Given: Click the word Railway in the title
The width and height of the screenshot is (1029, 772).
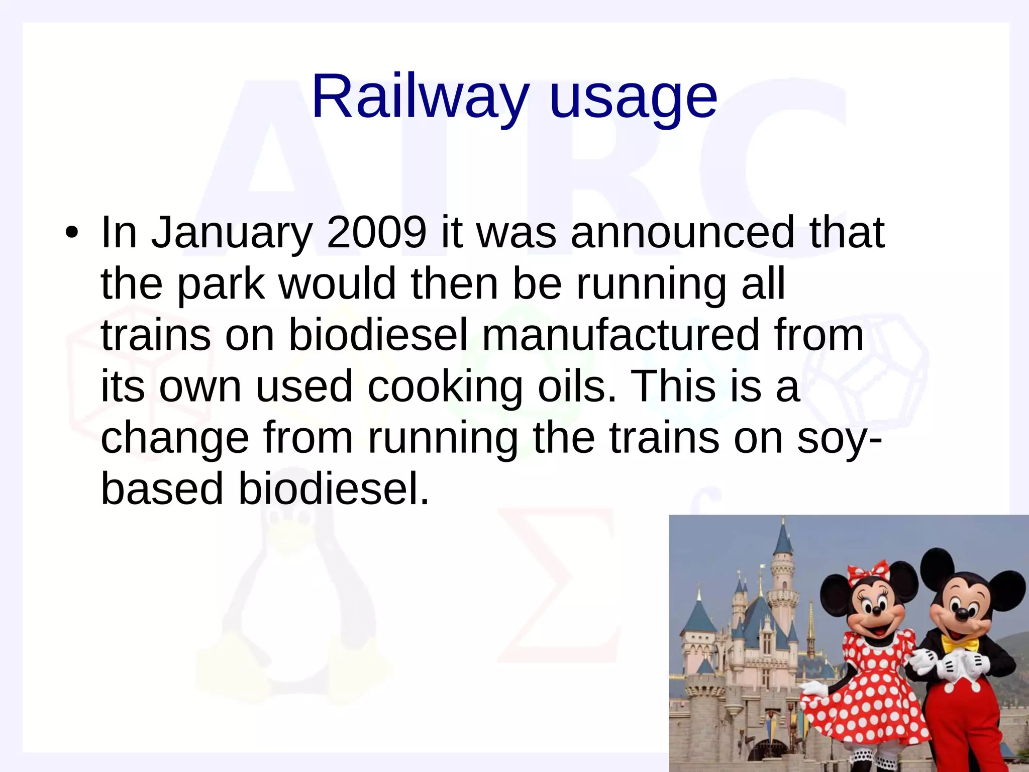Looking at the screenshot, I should click(x=420, y=96).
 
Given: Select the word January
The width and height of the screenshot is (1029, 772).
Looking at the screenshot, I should click(x=232, y=233).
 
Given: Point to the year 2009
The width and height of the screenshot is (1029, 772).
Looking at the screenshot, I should click(x=376, y=232).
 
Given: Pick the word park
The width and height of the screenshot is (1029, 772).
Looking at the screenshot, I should click(x=221, y=284).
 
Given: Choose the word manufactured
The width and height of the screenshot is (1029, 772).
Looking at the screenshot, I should click(x=621, y=335).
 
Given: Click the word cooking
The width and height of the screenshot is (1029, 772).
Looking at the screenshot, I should click(x=445, y=388).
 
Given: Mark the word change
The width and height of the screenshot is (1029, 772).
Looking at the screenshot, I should click(x=175, y=439).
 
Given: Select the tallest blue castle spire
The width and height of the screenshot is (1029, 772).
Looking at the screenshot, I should click(x=783, y=540).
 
